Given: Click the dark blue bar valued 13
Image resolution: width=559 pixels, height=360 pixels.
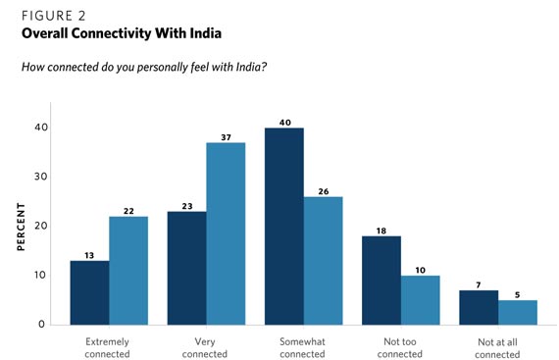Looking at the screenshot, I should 89,292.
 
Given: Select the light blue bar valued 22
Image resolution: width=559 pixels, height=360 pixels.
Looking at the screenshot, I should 128,270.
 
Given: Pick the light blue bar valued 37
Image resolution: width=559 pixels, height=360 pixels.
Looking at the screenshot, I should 226,233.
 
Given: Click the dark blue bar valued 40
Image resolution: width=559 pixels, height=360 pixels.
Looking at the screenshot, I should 284,226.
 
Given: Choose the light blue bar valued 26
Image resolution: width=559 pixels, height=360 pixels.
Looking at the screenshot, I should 323,260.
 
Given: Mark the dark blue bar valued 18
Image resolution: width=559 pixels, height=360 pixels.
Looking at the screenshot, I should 381,280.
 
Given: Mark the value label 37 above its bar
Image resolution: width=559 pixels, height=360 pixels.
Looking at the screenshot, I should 226,136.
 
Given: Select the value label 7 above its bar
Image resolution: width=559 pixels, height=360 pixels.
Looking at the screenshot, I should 479,283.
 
